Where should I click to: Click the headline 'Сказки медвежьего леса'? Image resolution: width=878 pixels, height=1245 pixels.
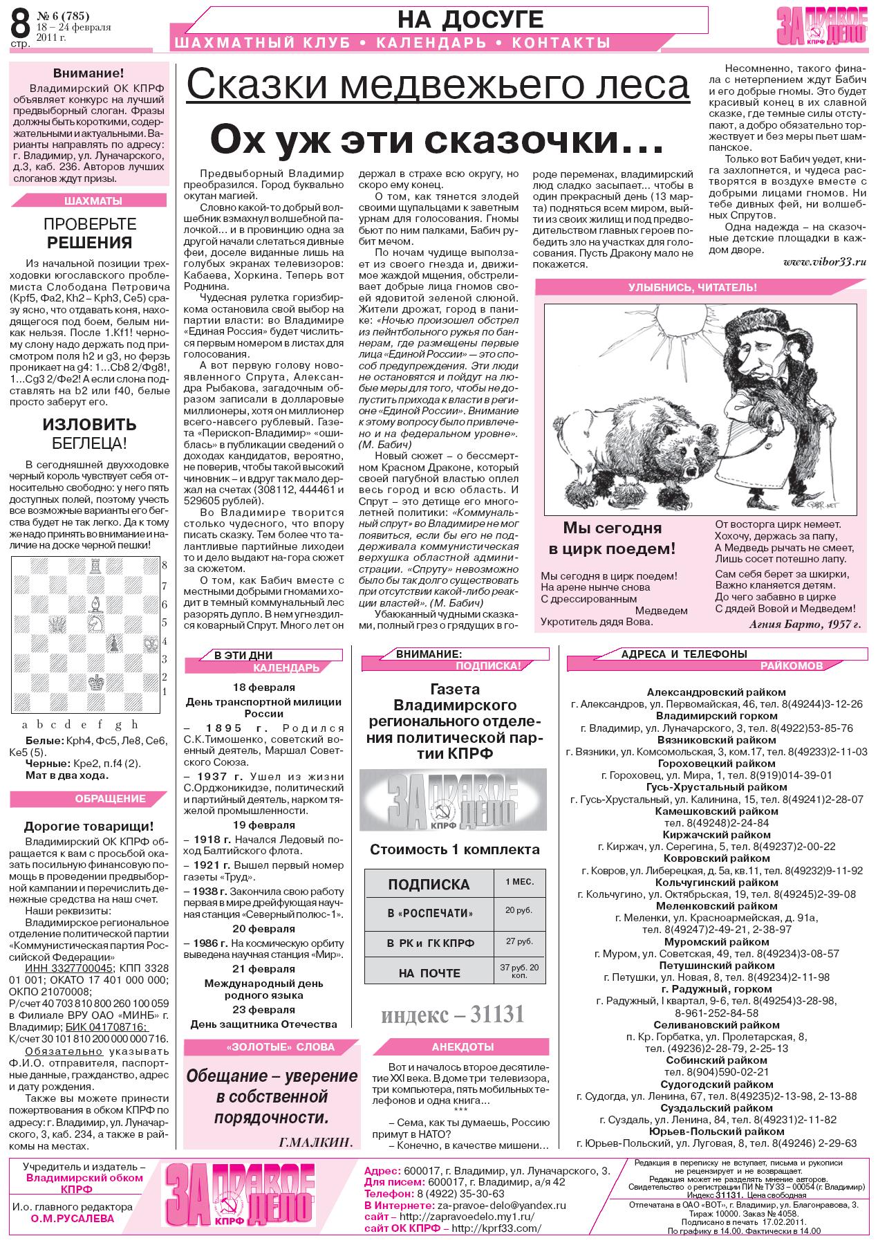(438, 86)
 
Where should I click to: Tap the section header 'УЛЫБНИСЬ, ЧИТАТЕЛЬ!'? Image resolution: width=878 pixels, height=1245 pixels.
(691, 287)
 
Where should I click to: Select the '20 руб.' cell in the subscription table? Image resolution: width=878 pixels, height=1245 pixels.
(519, 910)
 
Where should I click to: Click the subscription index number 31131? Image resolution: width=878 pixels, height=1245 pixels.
(453, 1014)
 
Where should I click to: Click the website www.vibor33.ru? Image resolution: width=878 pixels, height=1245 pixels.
(825, 262)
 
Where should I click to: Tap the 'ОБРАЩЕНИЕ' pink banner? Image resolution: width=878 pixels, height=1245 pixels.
(111, 799)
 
